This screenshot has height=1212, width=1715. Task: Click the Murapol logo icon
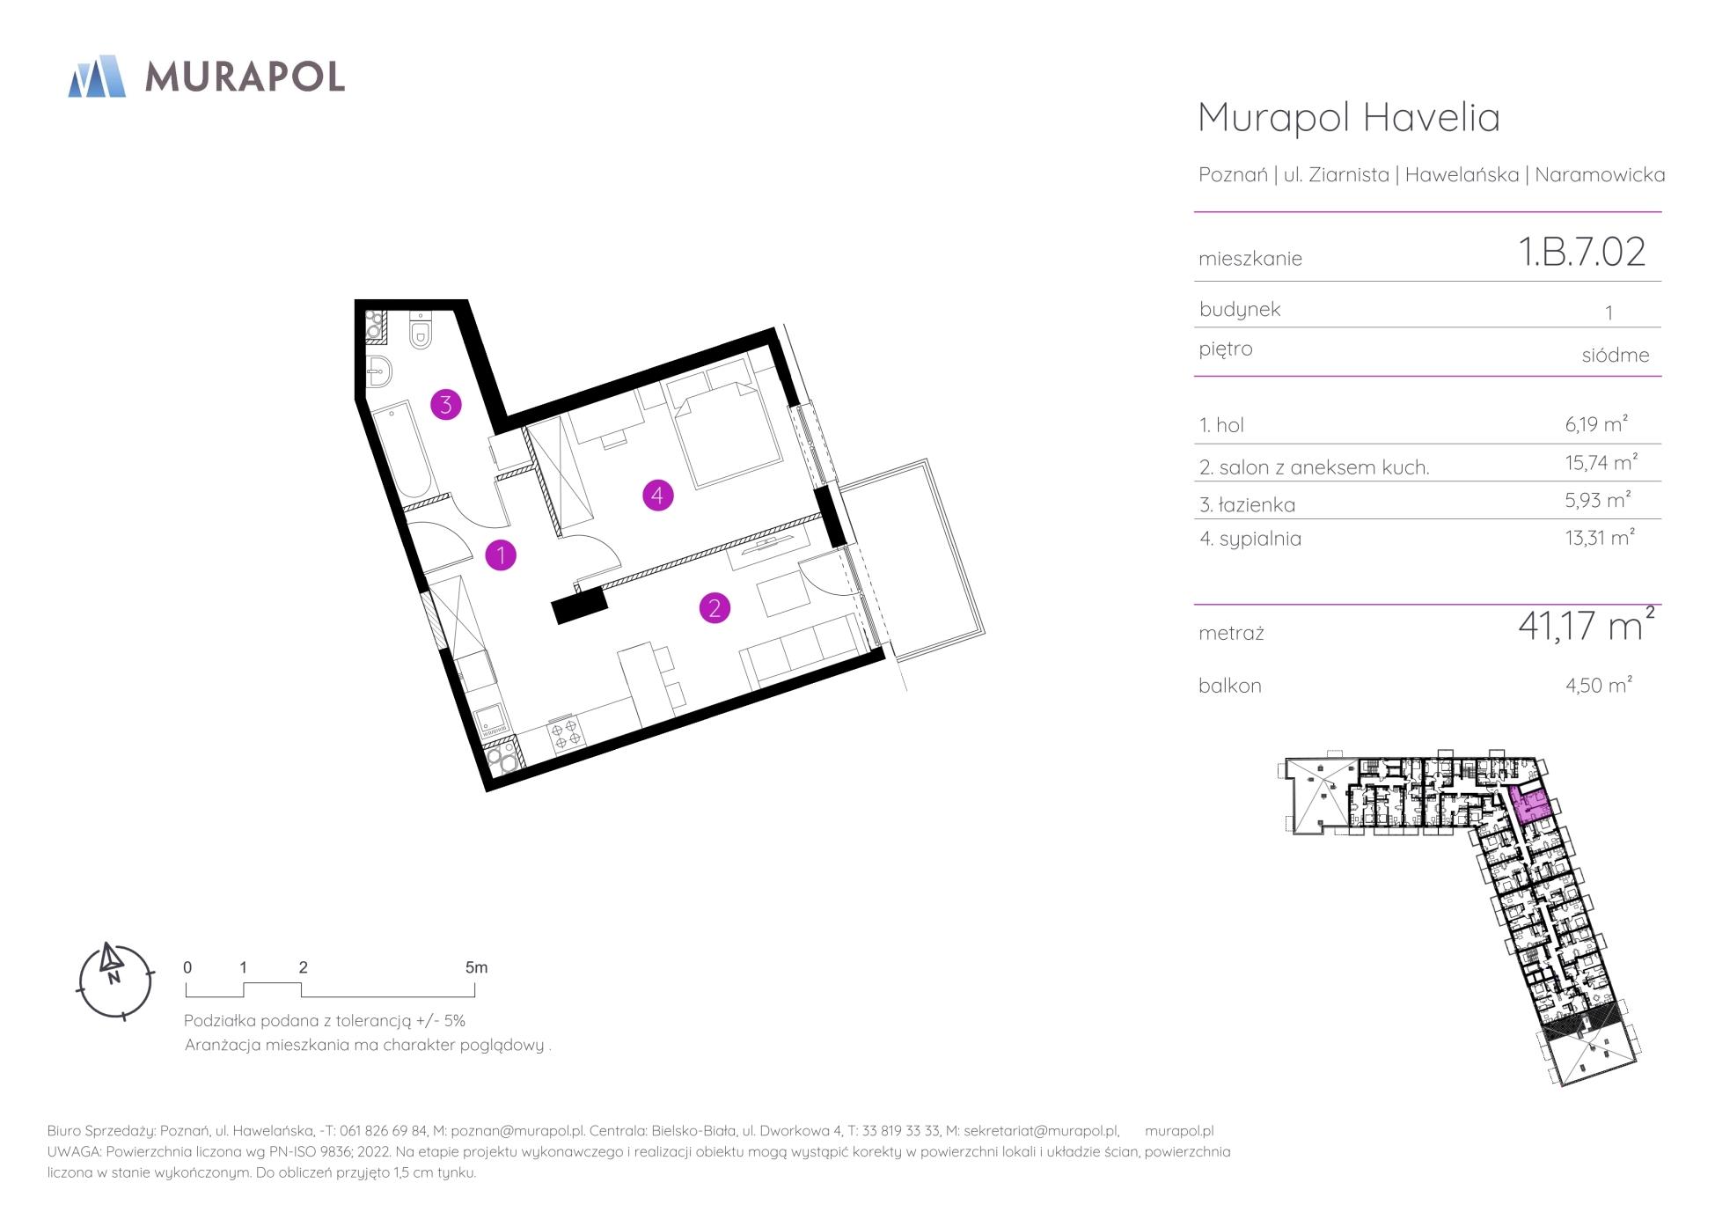97,76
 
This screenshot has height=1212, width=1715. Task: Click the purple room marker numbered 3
446,404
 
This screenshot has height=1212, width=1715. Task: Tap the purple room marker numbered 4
657,496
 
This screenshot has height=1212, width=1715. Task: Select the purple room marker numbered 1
501,555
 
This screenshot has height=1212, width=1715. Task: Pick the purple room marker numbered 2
715,607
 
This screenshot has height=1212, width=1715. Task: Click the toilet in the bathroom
421,331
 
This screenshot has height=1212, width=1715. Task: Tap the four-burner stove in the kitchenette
565,734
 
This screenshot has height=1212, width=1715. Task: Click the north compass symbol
114,981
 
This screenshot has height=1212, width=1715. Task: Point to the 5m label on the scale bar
476,967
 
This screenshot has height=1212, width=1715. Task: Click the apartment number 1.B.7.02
1582,252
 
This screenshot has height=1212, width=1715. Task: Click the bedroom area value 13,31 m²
1600,537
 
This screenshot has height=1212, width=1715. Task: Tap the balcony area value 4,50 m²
1599,685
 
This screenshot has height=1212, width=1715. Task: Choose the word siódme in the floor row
1616,355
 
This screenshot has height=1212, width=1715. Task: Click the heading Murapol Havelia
1349,117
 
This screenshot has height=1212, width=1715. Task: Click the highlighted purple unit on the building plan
1531,804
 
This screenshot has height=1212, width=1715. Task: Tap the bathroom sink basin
379,372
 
